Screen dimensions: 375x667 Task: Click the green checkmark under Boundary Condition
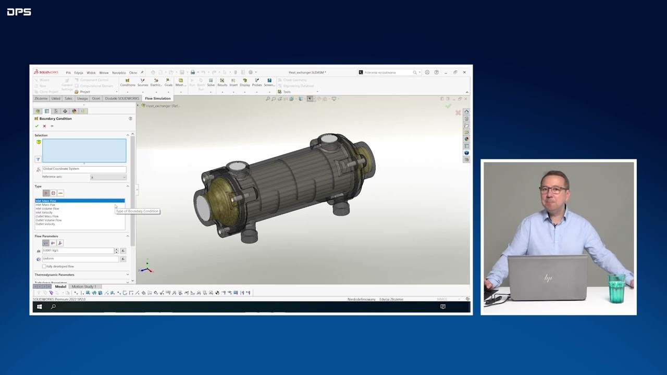pyautogui.click(x=36, y=126)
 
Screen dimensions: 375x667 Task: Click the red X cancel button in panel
pyautogui.click(x=44, y=126)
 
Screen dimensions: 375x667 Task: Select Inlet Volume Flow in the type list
pyautogui.click(x=47, y=208)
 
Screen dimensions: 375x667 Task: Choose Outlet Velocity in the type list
pyautogui.click(x=45, y=224)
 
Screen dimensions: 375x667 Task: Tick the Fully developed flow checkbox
pyautogui.click(x=44, y=266)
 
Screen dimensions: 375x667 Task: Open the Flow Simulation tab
pyautogui.click(x=157, y=98)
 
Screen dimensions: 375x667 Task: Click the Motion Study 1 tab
pyautogui.click(x=84, y=286)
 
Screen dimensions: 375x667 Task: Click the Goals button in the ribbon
pyautogui.click(x=168, y=82)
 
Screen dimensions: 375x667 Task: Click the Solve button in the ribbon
pyautogui.click(x=211, y=82)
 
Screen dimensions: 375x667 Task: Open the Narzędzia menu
pyautogui.click(x=118, y=72)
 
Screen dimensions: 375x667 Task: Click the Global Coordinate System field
pyautogui.click(x=83, y=169)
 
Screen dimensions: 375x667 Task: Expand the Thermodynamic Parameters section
pyautogui.click(x=81, y=274)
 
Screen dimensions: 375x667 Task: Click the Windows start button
pyautogui.click(x=39, y=307)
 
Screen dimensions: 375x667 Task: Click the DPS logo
pyautogui.click(x=19, y=11)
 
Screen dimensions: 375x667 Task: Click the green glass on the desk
pyautogui.click(x=616, y=289)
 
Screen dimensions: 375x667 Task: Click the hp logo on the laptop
pyautogui.click(x=548, y=279)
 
